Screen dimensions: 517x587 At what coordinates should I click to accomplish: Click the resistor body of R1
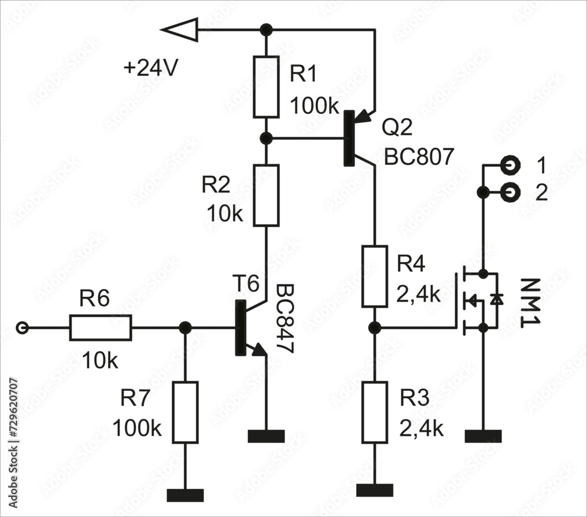[266, 86]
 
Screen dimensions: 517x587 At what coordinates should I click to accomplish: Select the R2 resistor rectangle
[266, 195]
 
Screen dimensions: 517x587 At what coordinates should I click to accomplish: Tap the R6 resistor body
[100, 327]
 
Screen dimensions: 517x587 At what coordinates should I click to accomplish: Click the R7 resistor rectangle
[185, 412]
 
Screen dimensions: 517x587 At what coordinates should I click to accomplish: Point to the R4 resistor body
[375, 277]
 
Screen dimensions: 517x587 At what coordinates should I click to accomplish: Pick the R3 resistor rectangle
[375, 412]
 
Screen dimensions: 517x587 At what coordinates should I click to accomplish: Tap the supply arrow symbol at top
[180, 29]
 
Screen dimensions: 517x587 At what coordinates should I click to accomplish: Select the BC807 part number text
[419, 157]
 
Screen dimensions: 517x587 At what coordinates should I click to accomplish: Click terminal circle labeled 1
[511, 165]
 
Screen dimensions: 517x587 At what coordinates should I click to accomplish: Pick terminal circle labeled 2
[511, 191]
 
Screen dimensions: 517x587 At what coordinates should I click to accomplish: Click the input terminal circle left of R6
[22, 328]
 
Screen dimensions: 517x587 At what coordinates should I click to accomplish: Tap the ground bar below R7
[185, 495]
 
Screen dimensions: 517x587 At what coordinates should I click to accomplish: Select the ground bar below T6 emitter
[266, 436]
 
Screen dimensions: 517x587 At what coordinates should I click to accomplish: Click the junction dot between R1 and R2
[266, 138]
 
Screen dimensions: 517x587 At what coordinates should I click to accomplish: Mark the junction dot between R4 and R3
[375, 327]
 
